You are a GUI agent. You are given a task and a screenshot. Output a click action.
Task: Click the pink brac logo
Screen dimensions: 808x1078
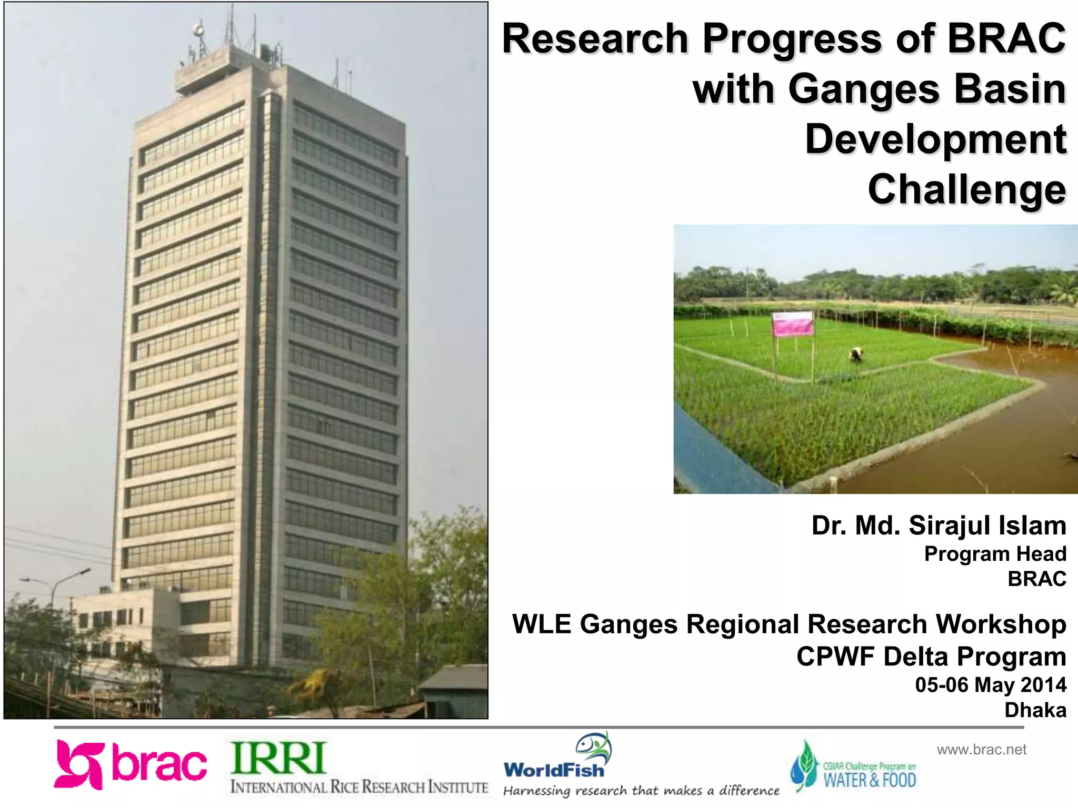point(130,764)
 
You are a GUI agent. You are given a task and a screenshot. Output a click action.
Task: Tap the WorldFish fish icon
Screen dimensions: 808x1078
point(594,746)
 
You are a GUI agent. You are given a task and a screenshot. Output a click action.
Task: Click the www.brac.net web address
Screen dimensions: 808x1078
point(981,749)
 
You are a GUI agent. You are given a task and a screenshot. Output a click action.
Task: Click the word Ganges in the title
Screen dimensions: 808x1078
point(863,89)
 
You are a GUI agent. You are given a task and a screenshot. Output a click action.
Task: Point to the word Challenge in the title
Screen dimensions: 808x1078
point(966,189)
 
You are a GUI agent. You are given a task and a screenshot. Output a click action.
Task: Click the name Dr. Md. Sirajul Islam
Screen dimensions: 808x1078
point(939,525)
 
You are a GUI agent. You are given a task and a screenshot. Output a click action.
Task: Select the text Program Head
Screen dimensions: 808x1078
point(995,553)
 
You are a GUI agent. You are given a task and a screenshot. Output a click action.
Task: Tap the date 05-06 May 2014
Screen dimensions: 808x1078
point(990,684)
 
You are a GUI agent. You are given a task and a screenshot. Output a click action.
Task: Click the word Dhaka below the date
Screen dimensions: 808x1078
point(1035,710)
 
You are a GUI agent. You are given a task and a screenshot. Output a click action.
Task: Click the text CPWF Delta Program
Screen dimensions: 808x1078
point(931,656)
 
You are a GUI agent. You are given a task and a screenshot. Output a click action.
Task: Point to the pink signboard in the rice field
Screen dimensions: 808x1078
point(793,324)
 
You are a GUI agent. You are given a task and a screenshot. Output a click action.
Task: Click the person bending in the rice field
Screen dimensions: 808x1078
point(856,355)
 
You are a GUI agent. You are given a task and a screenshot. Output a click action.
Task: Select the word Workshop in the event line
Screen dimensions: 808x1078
point(1001,624)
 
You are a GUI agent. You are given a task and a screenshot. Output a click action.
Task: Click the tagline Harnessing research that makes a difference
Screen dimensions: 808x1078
point(641,791)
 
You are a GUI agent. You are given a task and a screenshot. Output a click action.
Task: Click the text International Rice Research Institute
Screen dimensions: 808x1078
point(359,787)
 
